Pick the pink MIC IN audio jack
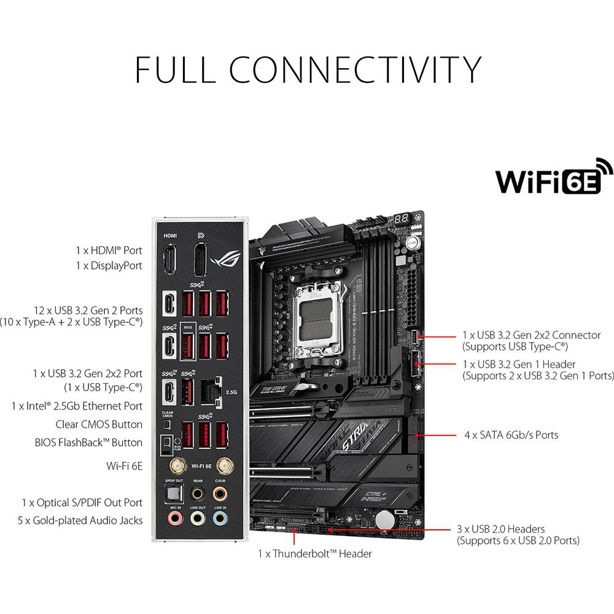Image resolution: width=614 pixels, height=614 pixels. (175, 519)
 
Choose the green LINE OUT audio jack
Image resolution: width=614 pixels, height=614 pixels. (197, 519)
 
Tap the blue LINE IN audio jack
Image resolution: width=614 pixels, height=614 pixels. (219, 519)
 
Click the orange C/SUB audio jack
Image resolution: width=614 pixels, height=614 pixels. (219, 493)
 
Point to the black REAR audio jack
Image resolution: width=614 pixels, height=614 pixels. (197, 493)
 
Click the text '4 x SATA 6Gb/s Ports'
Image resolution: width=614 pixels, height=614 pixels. (511, 435)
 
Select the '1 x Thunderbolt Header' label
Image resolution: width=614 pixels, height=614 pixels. (314, 554)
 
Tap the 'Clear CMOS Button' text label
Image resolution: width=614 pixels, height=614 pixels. (99, 424)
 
